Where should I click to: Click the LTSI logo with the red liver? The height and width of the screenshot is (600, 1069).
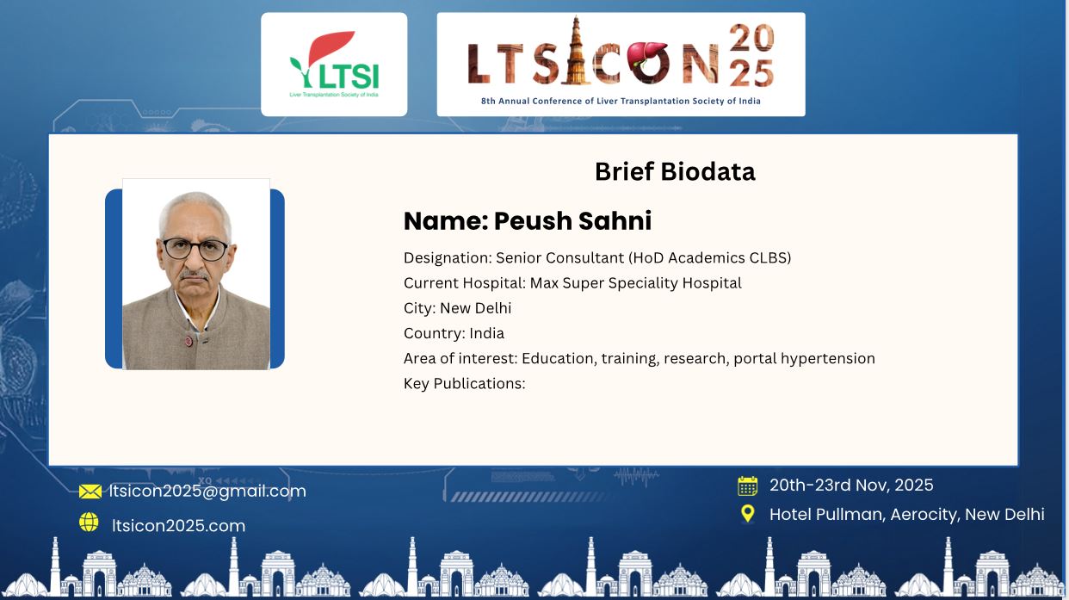[x=334, y=65]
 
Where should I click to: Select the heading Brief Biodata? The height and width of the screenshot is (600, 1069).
[x=675, y=171]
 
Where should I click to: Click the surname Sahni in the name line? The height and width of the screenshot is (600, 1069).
[x=615, y=220]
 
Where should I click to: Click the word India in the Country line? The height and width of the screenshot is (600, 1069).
[x=487, y=332]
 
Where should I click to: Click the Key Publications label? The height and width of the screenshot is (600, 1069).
[x=464, y=383]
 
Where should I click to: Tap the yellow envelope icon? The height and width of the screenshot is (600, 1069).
[x=90, y=492]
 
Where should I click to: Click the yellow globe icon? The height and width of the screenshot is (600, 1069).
[x=89, y=523]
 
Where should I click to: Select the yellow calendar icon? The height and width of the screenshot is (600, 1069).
[x=747, y=486]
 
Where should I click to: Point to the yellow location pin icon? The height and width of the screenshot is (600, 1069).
[x=747, y=514]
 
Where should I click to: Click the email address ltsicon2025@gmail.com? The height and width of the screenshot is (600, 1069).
[x=207, y=492]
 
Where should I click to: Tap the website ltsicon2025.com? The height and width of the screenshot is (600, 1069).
[x=178, y=525]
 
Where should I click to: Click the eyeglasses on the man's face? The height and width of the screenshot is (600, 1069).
[x=195, y=249]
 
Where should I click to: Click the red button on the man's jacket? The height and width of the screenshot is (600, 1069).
[x=189, y=341]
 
